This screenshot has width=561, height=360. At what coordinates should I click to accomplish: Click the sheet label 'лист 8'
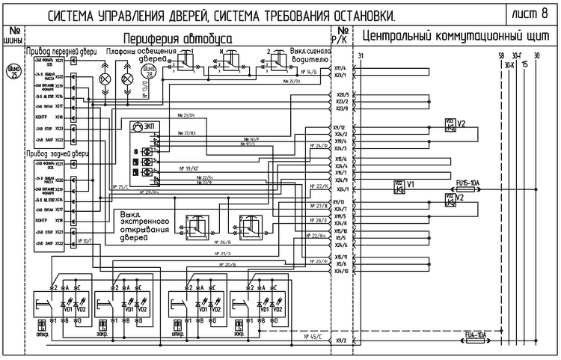coord(533,14)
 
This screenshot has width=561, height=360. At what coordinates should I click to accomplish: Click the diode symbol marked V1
coord(399,184)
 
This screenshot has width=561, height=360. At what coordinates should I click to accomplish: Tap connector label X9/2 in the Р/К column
coord(342,341)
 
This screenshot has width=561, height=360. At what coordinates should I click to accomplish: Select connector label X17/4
coord(340,68)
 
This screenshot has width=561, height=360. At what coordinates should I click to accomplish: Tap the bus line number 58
coord(500,56)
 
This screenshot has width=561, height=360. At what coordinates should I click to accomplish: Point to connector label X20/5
coord(341,94)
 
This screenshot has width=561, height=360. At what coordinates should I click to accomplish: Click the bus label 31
coord(361,56)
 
